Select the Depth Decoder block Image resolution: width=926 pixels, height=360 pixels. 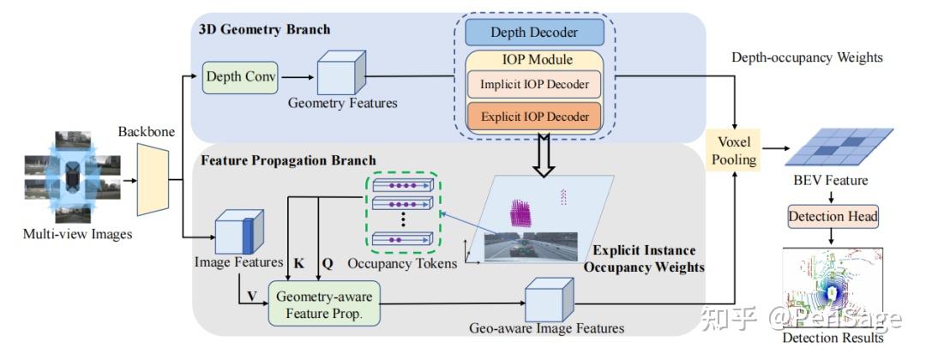click(534, 33)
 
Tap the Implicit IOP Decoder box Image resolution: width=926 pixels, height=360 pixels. click(534, 84)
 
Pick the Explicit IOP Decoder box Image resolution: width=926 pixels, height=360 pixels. click(534, 115)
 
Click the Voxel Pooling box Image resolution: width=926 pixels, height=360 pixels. click(736, 152)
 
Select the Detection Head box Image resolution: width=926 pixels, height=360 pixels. click(834, 216)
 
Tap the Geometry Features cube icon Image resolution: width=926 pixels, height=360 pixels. click(341, 73)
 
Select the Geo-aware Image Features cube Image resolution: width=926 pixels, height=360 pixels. click(547, 301)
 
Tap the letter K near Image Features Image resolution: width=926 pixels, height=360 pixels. click(298, 265)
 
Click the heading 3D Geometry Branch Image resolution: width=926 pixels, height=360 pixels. click(264, 30)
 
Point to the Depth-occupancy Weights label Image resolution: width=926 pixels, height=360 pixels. click(807, 57)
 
